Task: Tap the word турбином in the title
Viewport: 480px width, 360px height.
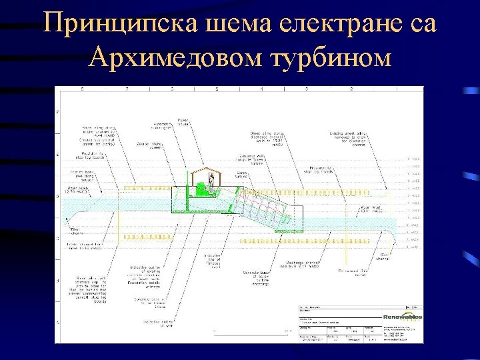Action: pyautogui.click(x=330, y=58)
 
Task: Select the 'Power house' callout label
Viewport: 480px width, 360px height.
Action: pyautogui.click(x=184, y=123)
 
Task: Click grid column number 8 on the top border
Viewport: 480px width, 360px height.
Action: pyautogui.click(x=82, y=89)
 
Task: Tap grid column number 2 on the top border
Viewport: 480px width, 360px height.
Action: pyautogui.click(x=351, y=89)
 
